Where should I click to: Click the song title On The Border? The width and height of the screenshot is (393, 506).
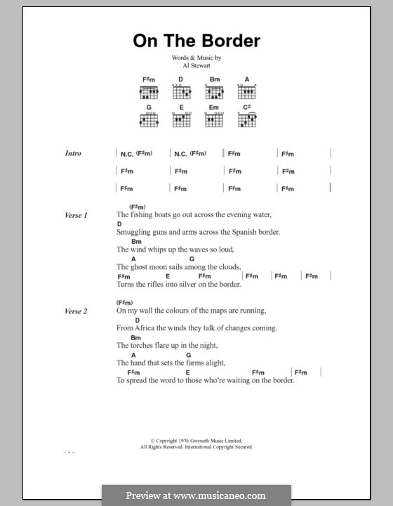coord(196,41)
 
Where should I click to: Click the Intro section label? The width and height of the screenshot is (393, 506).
coord(73,153)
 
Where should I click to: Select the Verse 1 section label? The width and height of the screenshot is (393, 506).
coord(76,215)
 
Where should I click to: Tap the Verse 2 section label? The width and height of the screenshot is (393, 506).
coord(76,311)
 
